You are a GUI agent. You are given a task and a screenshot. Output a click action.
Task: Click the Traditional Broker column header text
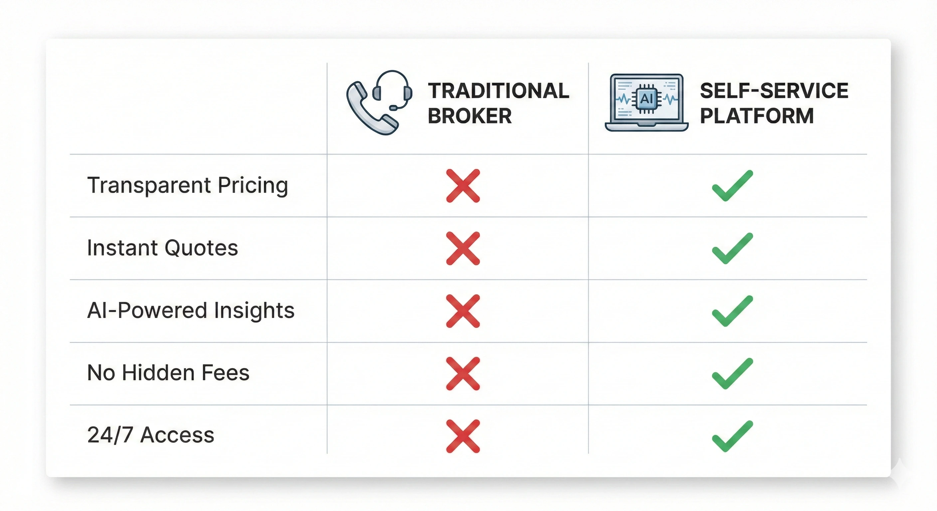point(498,103)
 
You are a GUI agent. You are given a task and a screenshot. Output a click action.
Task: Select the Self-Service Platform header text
point(774,103)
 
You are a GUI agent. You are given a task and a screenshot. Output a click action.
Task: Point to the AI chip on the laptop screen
point(647,98)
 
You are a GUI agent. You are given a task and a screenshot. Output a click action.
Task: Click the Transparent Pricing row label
point(188,186)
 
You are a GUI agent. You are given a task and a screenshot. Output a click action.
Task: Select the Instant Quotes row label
point(163,248)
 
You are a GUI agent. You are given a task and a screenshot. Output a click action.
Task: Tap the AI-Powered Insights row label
point(191,311)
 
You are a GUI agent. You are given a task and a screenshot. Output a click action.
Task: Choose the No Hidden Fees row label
point(168,373)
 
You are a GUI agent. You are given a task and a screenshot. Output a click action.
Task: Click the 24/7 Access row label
point(151,435)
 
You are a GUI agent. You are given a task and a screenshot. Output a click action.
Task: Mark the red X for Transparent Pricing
point(463,186)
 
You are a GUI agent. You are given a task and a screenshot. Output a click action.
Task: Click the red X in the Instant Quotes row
point(463,249)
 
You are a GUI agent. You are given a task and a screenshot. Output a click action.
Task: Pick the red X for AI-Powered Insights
point(463,311)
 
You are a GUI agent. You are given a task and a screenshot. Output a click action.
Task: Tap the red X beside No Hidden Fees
point(463,374)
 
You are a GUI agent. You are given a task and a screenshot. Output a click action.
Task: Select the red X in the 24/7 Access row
point(463,436)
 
